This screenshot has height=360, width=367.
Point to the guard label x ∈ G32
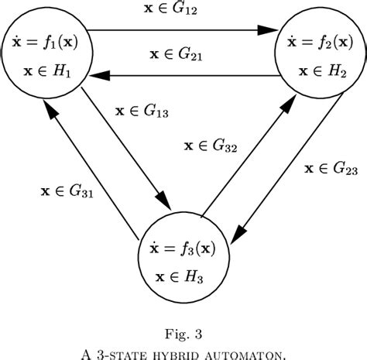210,145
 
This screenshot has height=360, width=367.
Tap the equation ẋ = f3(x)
184,251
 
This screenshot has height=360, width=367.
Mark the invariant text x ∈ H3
184,276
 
